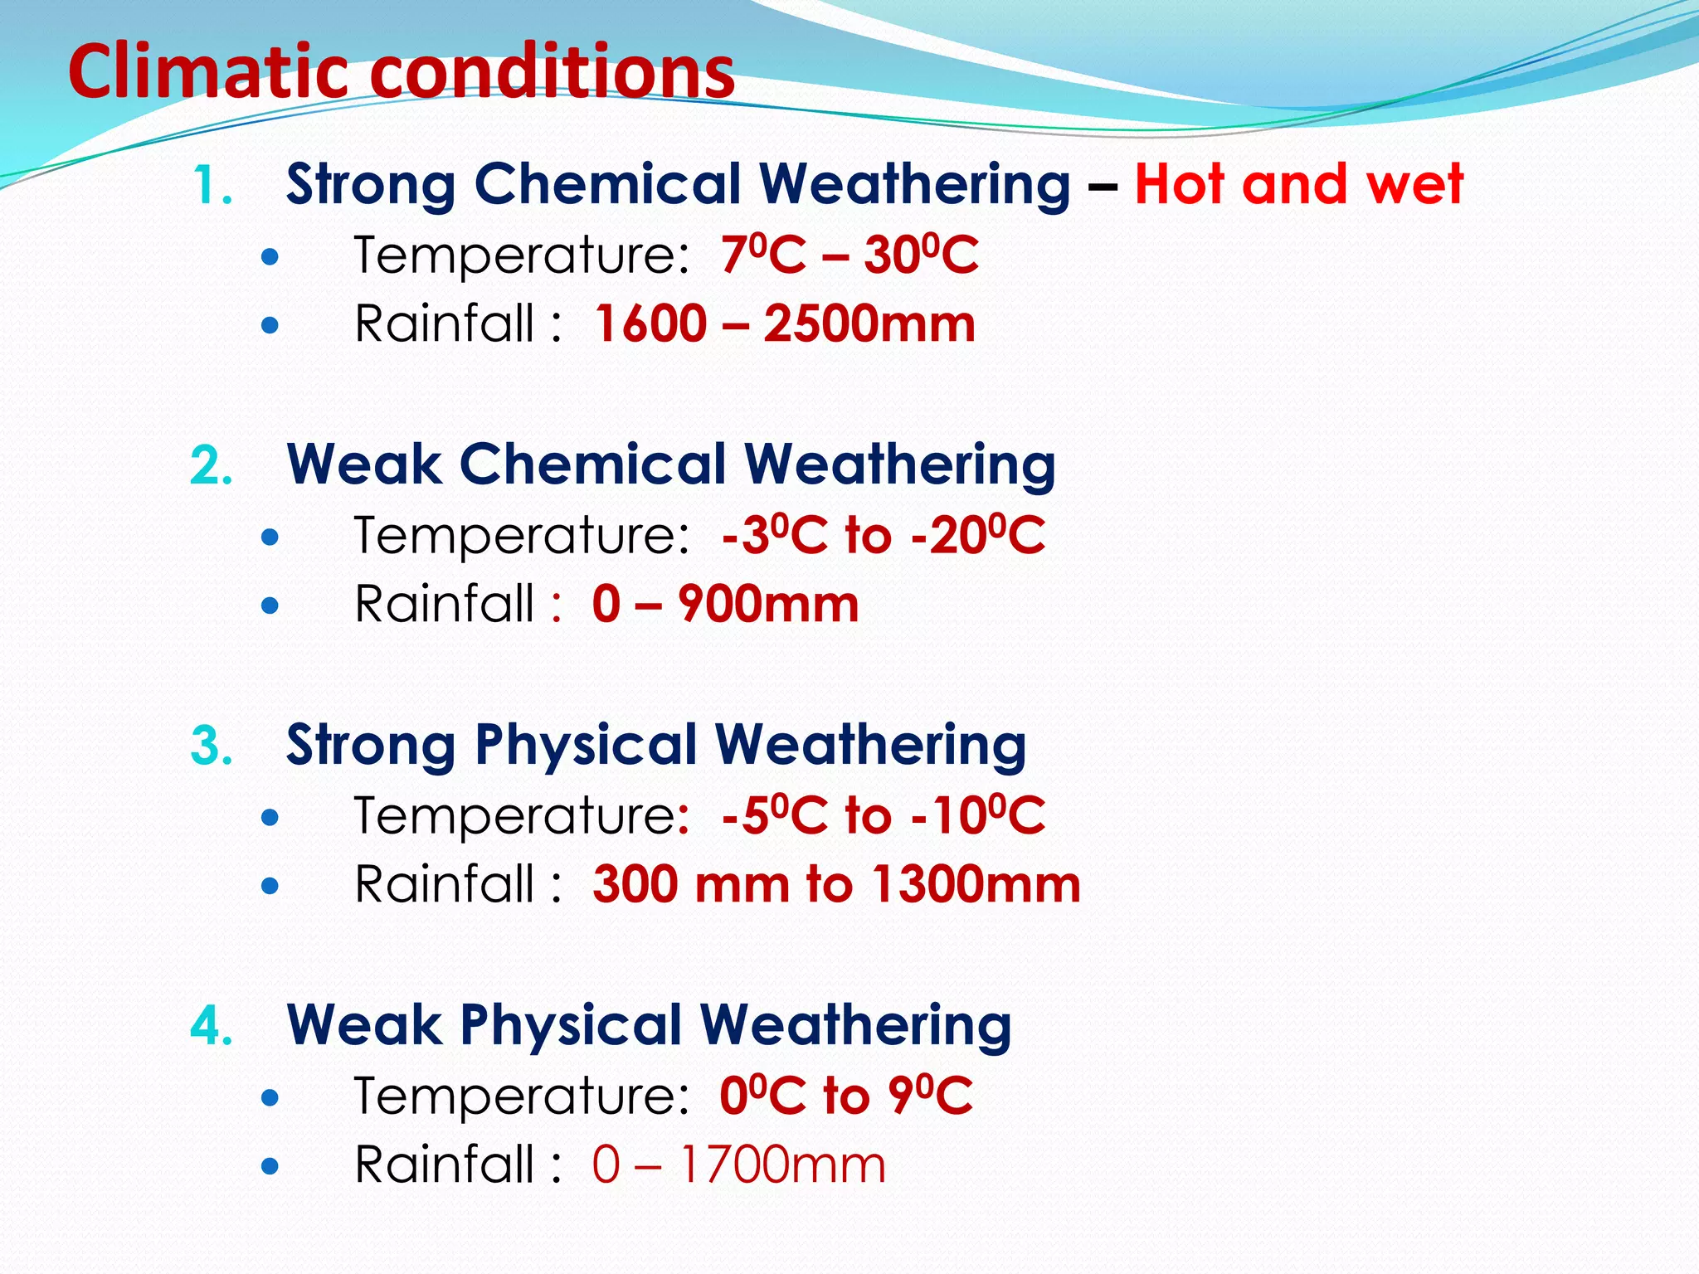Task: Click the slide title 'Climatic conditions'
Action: pyautogui.click(x=401, y=71)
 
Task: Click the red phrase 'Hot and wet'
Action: pyautogui.click(x=1298, y=183)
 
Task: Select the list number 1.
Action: pyautogui.click(x=212, y=185)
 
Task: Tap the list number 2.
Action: pyautogui.click(x=212, y=465)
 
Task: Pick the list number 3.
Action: pyautogui.click(x=212, y=746)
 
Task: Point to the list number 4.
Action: pyautogui.click(x=212, y=1026)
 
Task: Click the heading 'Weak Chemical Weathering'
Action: pyautogui.click(x=670, y=464)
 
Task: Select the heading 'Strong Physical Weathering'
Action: pyautogui.click(x=655, y=744)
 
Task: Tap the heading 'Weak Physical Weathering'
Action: pyautogui.click(x=649, y=1024)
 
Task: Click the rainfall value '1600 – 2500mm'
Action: pyautogui.click(x=785, y=323)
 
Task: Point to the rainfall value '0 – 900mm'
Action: pyautogui.click(x=725, y=604)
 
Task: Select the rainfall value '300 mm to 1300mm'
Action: pyautogui.click(x=836, y=884)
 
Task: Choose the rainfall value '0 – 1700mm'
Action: pyautogui.click(x=738, y=1165)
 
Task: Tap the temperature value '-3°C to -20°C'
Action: pyautogui.click(x=883, y=535)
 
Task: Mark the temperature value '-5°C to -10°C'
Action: pyautogui.click(x=883, y=815)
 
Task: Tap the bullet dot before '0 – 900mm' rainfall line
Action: pyautogui.click(x=270, y=605)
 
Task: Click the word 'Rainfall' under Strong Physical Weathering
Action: pyautogui.click(x=445, y=884)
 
